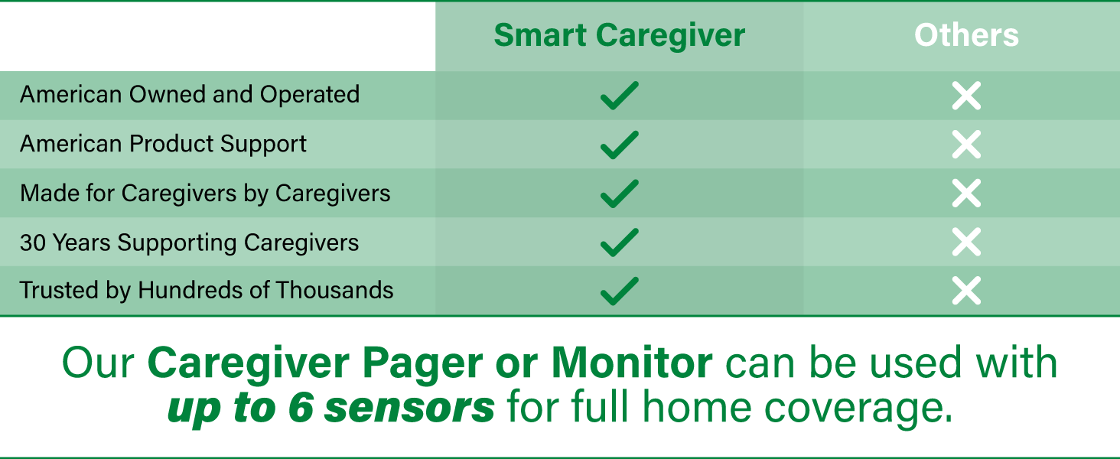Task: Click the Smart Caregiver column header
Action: tap(620, 35)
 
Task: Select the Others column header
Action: tap(966, 35)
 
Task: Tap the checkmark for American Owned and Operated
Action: tap(620, 95)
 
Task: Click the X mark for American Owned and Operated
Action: tap(966, 96)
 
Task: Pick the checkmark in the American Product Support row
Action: tap(620, 145)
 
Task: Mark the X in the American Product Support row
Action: tap(966, 145)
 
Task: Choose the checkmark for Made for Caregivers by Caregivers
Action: tap(620, 193)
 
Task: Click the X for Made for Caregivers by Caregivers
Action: tap(966, 194)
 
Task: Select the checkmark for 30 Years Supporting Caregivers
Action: tap(620, 242)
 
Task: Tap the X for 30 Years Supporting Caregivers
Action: tap(966, 242)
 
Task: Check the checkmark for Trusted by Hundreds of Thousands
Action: tap(620, 291)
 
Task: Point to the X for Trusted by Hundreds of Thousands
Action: tap(966, 291)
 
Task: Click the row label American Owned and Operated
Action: tap(190, 95)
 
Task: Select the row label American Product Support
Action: tap(163, 144)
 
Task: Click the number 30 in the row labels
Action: tap(33, 243)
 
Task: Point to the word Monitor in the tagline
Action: tap(631, 363)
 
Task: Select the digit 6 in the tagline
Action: tap(301, 408)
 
